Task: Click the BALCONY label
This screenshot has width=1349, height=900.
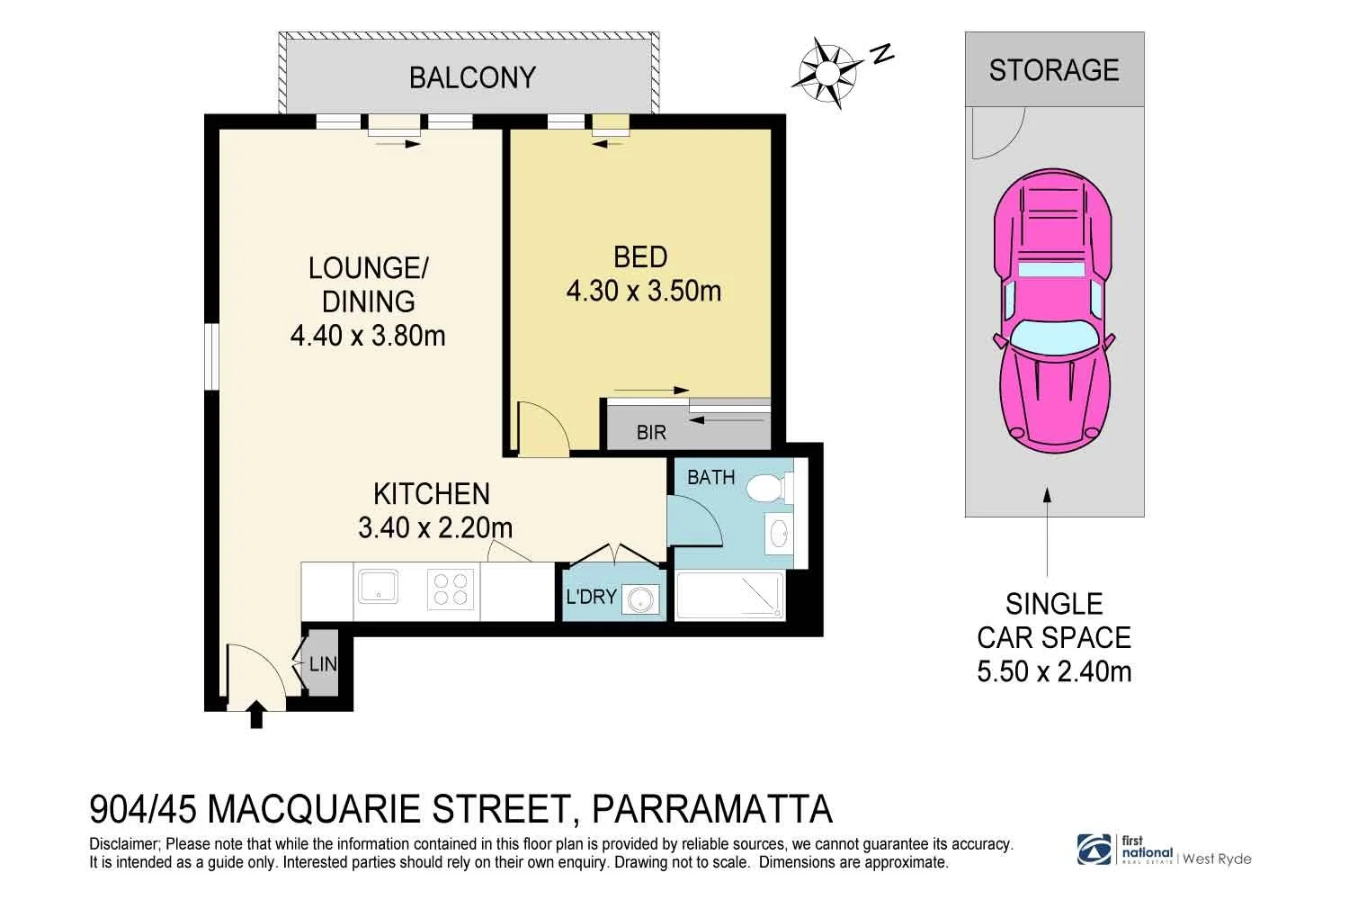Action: (472, 77)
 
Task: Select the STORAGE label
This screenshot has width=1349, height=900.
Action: (1054, 70)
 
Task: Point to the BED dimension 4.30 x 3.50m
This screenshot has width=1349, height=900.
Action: (643, 292)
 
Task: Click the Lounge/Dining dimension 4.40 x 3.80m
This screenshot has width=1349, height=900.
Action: (368, 336)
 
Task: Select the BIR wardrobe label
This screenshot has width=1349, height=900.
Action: (651, 433)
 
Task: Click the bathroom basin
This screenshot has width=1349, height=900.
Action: (779, 533)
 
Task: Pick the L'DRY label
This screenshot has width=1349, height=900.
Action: (591, 597)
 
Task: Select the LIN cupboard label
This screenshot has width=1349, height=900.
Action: (323, 665)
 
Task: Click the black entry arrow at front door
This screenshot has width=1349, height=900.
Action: (256, 714)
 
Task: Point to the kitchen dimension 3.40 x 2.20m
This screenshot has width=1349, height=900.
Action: (435, 527)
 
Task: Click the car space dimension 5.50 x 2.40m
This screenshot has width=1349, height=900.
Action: (1054, 671)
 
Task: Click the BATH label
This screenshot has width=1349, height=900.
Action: (710, 477)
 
